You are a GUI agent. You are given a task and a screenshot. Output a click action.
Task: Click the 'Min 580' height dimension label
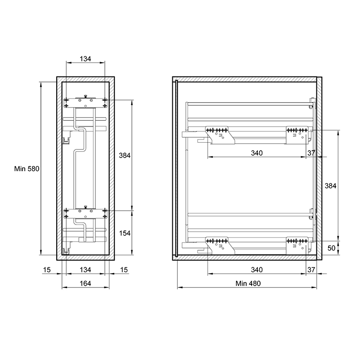[x=27, y=169]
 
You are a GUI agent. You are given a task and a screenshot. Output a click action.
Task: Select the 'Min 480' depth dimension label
[x=248, y=283]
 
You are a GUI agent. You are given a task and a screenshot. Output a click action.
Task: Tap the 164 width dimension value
[x=85, y=283]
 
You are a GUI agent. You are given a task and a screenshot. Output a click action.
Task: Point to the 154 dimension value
[x=125, y=233]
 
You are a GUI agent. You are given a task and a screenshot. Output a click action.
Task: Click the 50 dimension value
[x=331, y=248]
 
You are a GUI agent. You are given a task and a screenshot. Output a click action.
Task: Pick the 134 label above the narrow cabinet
[x=85, y=59]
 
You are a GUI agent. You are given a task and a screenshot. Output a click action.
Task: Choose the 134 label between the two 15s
[x=85, y=270]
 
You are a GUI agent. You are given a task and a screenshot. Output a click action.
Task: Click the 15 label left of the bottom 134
[x=47, y=270]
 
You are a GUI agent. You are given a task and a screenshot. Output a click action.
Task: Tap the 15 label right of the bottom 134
[x=124, y=270]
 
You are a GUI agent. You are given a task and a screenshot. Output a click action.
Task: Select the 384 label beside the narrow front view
[x=125, y=155]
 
